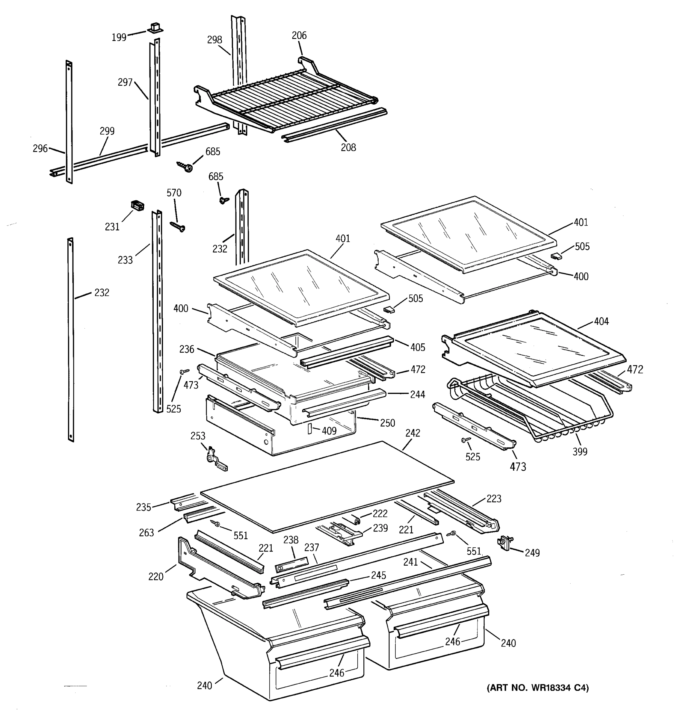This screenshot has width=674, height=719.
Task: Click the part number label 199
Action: [119, 37]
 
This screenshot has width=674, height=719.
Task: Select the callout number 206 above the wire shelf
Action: [299, 35]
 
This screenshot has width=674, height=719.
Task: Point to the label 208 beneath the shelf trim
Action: [348, 148]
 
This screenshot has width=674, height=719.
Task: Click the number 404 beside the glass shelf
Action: [601, 321]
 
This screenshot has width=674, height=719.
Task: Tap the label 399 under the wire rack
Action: [580, 451]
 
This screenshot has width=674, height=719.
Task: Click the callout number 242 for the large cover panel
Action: [412, 433]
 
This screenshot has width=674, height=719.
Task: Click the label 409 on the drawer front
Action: [329, 431]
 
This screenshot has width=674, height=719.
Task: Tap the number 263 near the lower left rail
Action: [146, 532]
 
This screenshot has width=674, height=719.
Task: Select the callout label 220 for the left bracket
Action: [156, 576]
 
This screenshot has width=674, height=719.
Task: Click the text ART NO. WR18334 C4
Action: [538, 688]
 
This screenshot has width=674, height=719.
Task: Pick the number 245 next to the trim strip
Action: [378, 575]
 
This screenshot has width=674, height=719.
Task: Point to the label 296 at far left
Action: [40, 148]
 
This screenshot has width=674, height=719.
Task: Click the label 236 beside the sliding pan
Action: [187, 349]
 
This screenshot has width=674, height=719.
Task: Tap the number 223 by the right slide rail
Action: [494, 499]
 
